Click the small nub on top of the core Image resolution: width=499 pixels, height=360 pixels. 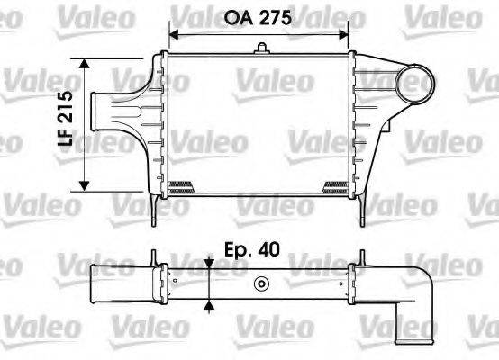tap(259, 49)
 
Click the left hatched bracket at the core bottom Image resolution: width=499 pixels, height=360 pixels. tap(182, 187)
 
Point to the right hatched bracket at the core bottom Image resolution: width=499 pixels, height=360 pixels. tap(335, 187)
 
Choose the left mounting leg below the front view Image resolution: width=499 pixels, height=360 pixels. tap(156, 210)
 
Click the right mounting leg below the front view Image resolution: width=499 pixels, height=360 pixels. tap(363, 210)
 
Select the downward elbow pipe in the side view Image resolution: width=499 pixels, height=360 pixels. tap(418, 301)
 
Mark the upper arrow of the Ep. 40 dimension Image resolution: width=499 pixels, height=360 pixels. tap(209, 263)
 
